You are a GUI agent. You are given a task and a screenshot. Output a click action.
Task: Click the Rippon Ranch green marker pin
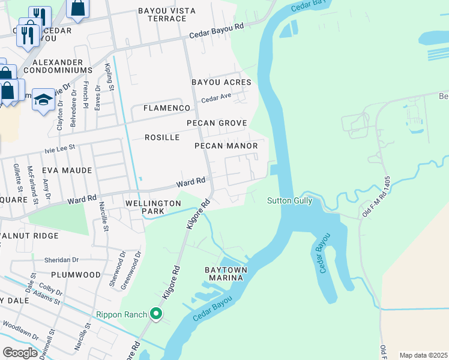coord(156,313)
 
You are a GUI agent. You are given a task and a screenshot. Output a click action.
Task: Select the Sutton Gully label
coord(289,200)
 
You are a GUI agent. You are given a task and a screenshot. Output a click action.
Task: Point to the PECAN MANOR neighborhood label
coord(226,146)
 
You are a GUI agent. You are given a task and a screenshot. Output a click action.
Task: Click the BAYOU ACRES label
coord(221,82)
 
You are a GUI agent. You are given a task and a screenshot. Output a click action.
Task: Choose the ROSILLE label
coord(162,137)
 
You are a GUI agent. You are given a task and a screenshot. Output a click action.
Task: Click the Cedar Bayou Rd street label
coord(217,30)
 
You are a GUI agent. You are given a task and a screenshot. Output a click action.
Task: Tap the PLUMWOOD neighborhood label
coord(76,274)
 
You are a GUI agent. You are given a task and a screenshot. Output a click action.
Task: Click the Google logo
coord(20,353)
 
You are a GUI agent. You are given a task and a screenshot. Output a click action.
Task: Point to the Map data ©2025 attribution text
coord(423,355)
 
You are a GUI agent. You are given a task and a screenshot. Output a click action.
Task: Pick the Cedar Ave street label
coord(216,97)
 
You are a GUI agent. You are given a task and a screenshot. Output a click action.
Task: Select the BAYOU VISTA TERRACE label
coord(162,14)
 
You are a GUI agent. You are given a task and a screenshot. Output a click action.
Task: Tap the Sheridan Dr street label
coord(62,260)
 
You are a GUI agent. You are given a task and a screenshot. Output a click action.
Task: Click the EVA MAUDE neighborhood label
coord(67,170)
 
